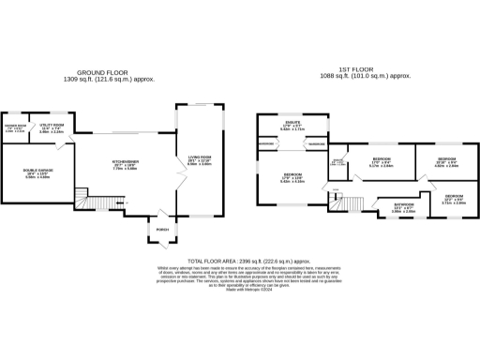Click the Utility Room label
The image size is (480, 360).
click(52, 128)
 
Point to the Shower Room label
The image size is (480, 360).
click(16, 129)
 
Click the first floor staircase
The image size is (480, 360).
click(351, 203)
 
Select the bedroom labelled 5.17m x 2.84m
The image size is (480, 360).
click(381, 163)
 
